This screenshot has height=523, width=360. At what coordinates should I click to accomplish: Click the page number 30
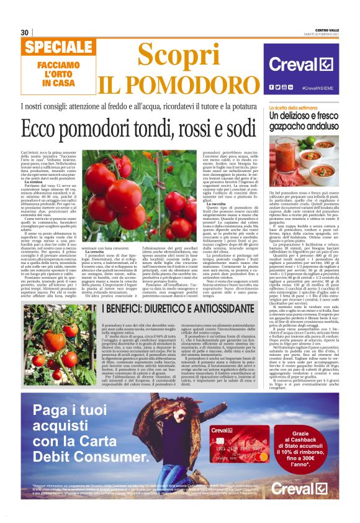tap(25, 32)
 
